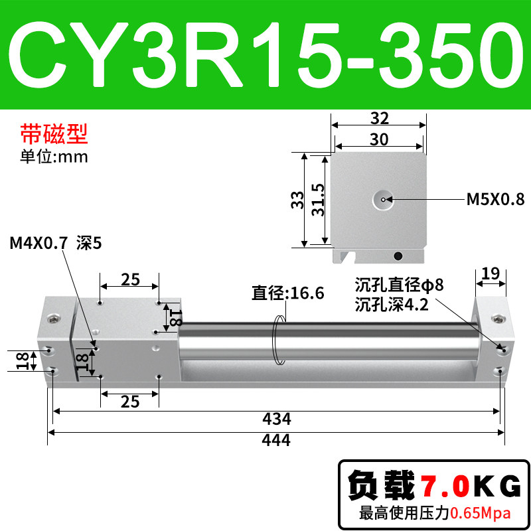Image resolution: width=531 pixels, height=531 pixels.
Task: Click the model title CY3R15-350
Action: click(265, 54)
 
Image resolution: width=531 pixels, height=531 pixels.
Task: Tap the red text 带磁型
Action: click(54, 134)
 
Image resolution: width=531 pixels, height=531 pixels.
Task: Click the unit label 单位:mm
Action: click(54, 157)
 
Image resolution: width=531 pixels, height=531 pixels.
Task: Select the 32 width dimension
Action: click(379, 118)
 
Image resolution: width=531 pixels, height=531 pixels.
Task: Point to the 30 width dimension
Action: click(378, 139)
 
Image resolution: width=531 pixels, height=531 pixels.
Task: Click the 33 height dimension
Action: click(297, 200)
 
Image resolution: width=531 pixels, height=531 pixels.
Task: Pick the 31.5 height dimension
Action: click(318, 200)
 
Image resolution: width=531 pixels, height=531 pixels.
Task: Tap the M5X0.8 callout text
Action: click(495, 199)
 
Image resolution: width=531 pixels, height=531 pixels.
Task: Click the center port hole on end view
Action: click(383, 200)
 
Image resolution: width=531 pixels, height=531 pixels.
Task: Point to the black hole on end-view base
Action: click(398, 256)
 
